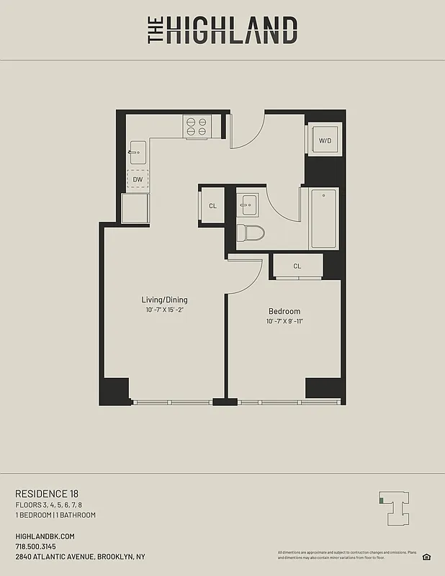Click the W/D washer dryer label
325,141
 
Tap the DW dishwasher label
137,179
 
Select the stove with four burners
197,127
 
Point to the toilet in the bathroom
250,233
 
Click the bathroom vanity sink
249,204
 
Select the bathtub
323,218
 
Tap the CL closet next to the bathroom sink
212,206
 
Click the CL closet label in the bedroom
297,266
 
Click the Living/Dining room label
164,300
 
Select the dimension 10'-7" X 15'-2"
164,310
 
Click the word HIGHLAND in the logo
231,31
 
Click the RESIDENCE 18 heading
47,493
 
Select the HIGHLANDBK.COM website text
45,536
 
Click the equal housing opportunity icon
426,556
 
